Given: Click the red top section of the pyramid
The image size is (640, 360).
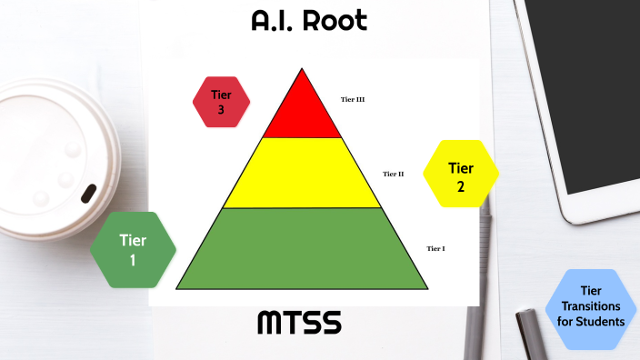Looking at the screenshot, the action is pyautogui.click(x=302, y=114).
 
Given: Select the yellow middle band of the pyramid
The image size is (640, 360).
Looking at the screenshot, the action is pyautogui.click(x=302, y=173).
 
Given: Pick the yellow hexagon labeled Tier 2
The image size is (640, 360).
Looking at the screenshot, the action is pyautogui.click(x=461, y=176).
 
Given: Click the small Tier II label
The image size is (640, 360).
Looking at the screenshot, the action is pyautogui.click(x=393, y=174).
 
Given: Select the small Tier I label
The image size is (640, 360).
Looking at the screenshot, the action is pyautogui.click(x=435, y=248).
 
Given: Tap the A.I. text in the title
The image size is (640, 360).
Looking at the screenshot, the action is pyautogui.click(x=275, y=22).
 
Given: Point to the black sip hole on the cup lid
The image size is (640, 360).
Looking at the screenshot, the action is pyautogui.click(x=88, y=193).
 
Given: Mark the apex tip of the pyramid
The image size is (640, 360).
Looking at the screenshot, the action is pyautogui.click(x=302, y=70).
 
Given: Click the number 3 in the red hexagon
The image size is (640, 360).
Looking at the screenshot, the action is pyautogui.click(x=221, y=109).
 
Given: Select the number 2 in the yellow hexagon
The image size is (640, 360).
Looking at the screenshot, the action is pyautogui.click(x=461, y=186).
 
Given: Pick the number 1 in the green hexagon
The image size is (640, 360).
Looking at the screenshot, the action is pyautogui.click(x=133, y=259).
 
